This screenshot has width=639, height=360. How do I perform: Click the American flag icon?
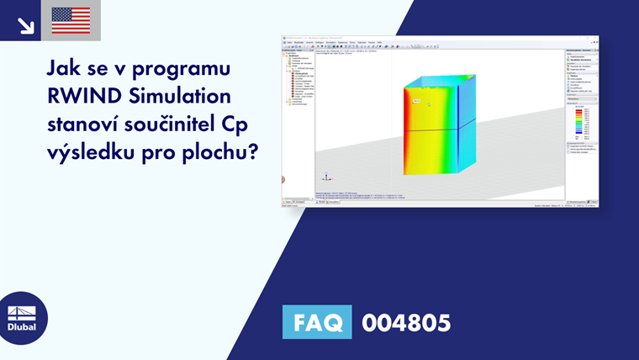pos(71,20)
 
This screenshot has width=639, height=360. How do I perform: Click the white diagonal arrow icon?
pos(25,23)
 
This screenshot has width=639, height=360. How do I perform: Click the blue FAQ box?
pos(317,322)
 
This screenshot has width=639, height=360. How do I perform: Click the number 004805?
pos(406,322)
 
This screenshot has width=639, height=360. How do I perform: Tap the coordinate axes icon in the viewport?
pos(326,177)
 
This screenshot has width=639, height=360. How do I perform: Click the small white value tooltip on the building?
pos(415,101)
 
